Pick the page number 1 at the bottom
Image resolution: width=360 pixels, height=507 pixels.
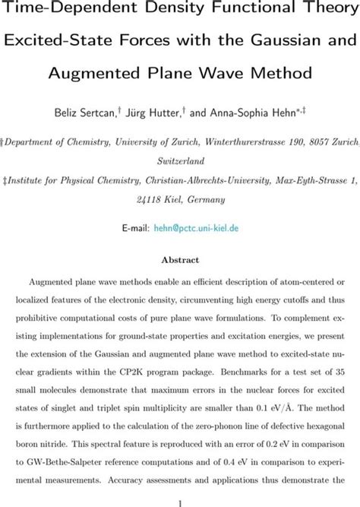point(179,502)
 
